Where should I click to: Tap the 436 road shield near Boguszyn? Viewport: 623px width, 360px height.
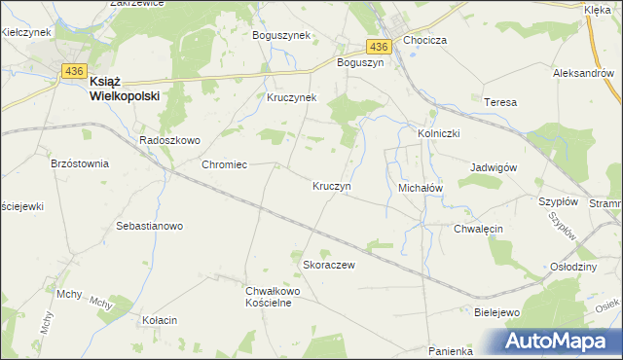click(380, 46)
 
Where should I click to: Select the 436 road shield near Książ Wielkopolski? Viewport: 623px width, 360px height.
click(72, 70)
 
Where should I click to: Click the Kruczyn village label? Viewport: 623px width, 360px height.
click(332, 185)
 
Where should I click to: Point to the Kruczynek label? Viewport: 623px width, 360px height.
click(292, 98)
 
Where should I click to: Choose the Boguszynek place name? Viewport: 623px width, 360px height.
click(280, 35)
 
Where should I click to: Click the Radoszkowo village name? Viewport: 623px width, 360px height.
click(169, 140)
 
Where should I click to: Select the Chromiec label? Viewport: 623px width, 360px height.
click(224, 164)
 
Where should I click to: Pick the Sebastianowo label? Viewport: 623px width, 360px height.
click(150, 226)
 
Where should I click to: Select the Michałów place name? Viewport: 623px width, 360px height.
click(421, 186)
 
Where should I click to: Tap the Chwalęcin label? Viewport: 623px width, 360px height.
click(478, 229)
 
